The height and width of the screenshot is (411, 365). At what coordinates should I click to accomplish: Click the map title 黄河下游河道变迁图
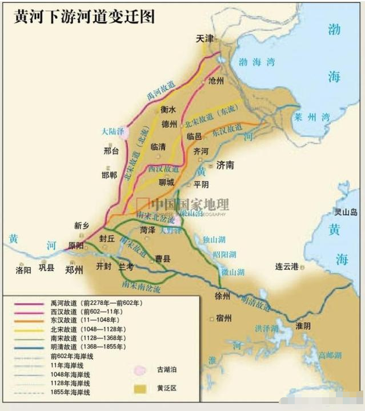click(84, 16)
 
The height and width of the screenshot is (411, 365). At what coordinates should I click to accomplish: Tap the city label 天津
click(205, 39)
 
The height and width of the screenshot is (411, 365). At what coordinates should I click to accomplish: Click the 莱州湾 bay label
click(310, 116)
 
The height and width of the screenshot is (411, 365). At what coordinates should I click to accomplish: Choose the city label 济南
click(226, 165)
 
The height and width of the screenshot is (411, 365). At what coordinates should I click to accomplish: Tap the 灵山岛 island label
click(346, 212)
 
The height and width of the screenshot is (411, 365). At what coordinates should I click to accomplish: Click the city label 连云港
click(287, 267)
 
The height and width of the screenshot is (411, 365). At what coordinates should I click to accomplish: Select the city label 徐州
click(222, 296)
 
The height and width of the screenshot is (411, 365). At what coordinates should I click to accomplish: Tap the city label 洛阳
click(24, 269)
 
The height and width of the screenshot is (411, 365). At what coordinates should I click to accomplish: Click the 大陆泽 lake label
click(113, 131)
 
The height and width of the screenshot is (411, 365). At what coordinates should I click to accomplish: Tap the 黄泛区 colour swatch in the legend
click(139, 389)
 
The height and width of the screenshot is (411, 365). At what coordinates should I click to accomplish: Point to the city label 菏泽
click(148, 230)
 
